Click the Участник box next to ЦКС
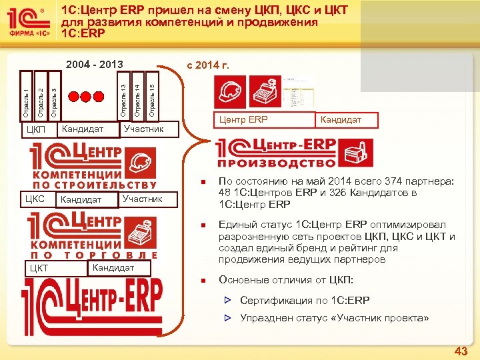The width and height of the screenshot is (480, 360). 142,199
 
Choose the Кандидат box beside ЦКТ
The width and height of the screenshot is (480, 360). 113,268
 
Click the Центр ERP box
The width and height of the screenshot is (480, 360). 240,120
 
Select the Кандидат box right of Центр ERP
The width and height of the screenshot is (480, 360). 341,120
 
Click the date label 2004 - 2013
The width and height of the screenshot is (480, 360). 95,65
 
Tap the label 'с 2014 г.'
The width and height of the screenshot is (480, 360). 208,65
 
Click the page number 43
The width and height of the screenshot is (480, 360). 461,351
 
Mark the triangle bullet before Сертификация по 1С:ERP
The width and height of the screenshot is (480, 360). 227,301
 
